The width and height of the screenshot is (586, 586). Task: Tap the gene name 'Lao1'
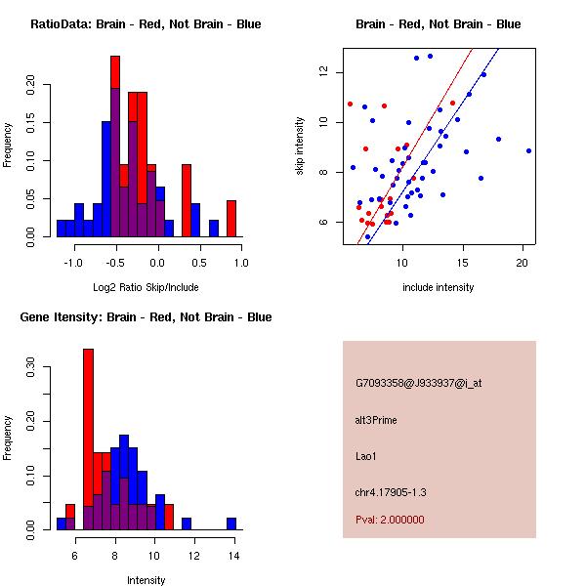pos(365,455)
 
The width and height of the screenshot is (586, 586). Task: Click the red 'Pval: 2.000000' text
pos(390,520)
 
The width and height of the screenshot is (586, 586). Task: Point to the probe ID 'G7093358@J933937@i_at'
pos(418,383)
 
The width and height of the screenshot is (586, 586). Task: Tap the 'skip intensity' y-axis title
pos(300,146)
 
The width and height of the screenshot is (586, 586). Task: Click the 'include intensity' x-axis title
pos(439,287)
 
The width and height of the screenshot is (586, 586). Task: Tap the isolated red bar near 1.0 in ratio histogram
pos(231,218)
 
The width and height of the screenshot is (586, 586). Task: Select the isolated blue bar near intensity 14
pos(231,523)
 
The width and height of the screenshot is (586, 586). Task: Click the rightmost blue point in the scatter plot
pos(528,150)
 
